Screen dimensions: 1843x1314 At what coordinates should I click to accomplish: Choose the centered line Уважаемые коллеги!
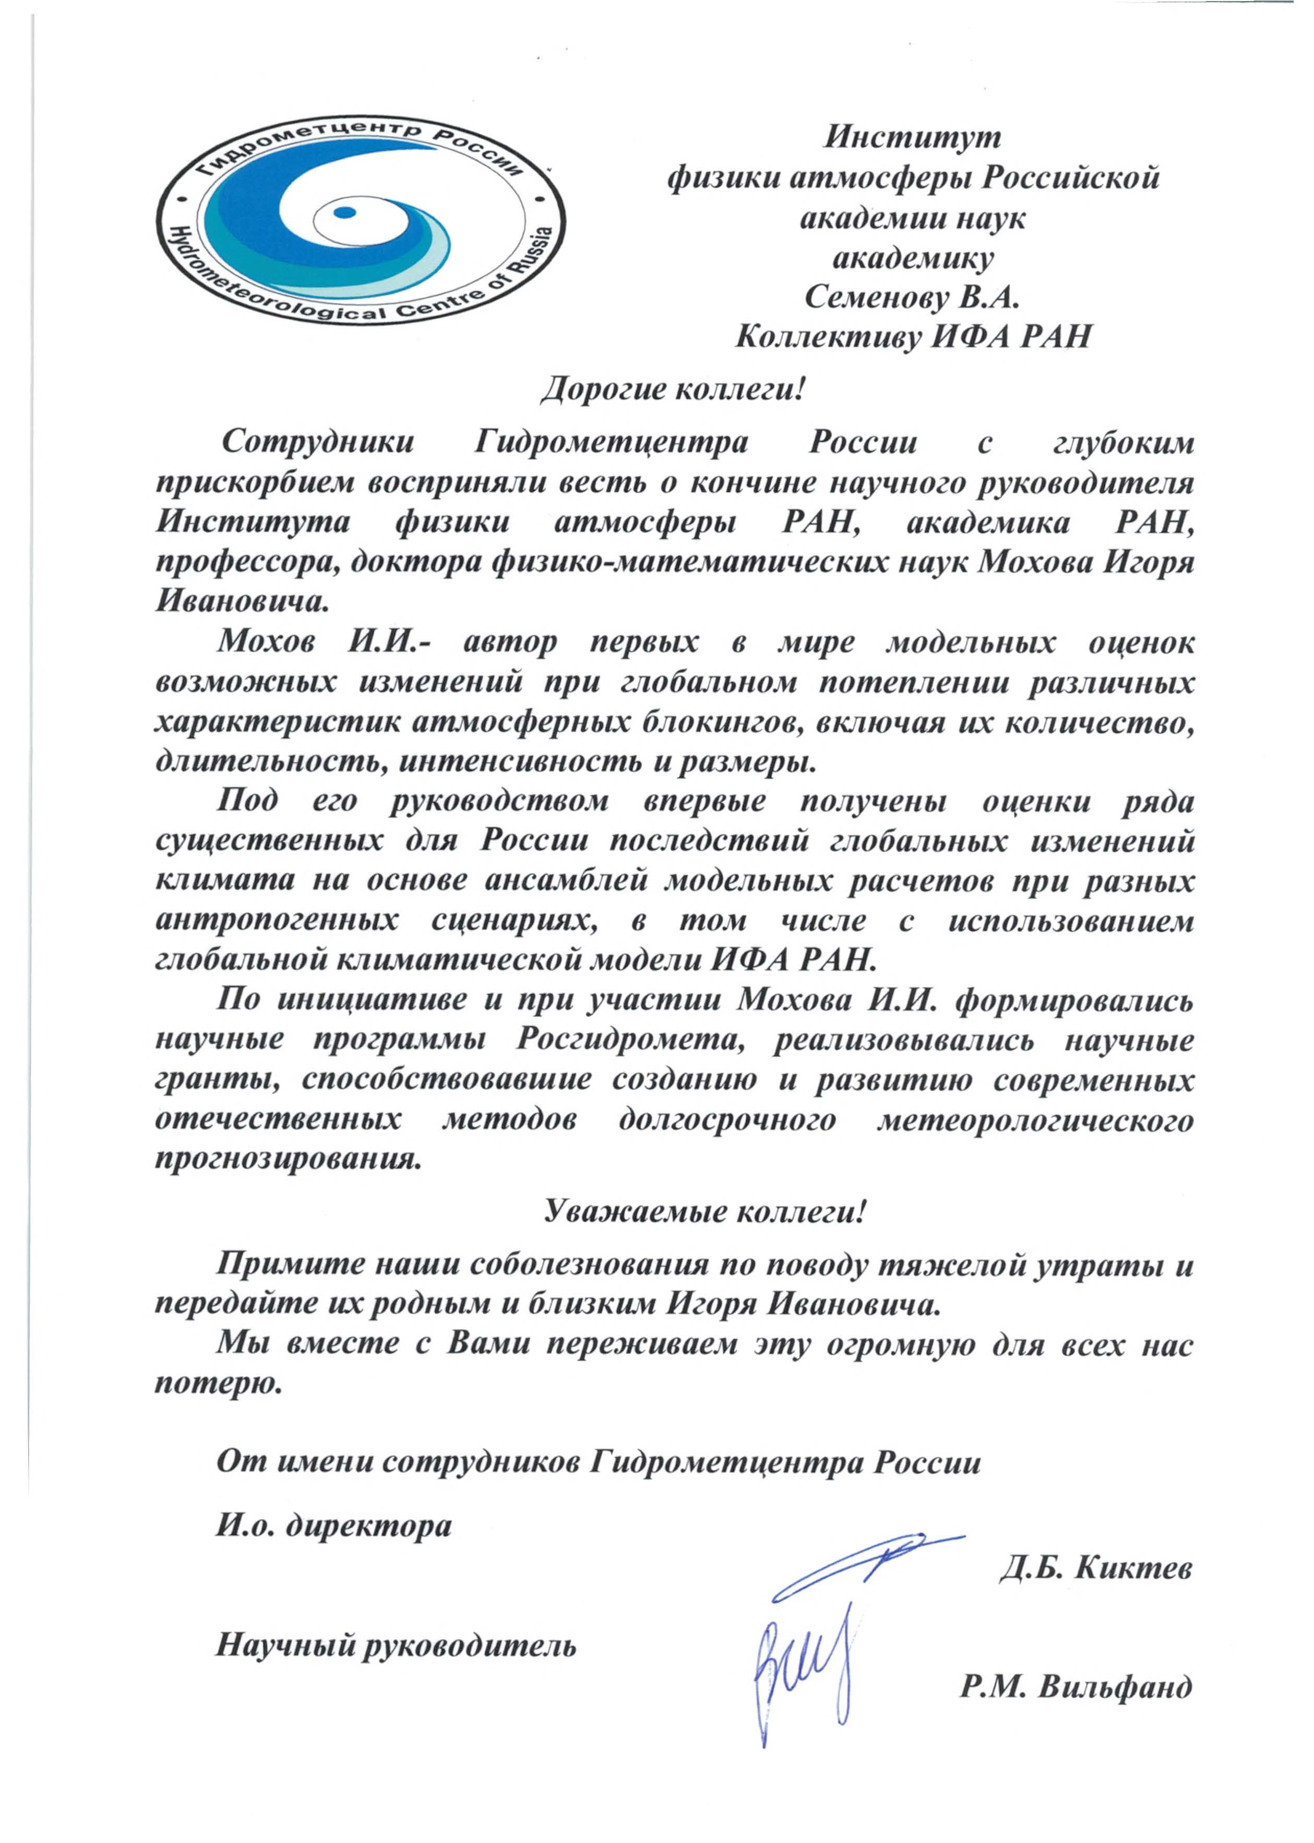pos(704,1212)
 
